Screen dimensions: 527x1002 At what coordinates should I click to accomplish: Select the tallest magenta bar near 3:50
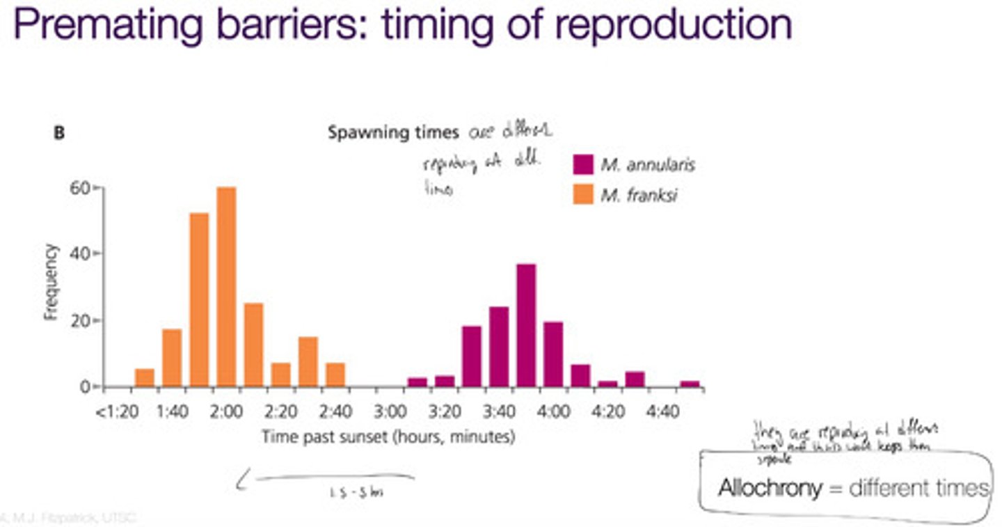pyautogui.click(x=526, y=324)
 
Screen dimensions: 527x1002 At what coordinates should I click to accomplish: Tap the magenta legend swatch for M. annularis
pyautogui.click(x=583, y=164)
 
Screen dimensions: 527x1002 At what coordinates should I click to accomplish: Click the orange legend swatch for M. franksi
pyautogui.click(x=583, y=196)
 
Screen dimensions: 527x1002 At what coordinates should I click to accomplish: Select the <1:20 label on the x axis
pyautogui.click(x=117, y=411)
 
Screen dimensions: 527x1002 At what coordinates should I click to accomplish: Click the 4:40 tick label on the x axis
pyautogui.click(x=662, y=411)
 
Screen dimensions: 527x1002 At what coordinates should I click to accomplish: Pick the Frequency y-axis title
pyautogui.click(x=50, y=281)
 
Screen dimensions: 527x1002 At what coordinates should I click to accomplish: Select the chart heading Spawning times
pyautogui.click(x=393, y=133)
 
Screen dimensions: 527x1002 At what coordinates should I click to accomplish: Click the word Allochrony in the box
pyautogui.click(x=770, y=488)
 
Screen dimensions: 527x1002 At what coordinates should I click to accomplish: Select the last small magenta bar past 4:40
pyautogui.click(x=690, y=384)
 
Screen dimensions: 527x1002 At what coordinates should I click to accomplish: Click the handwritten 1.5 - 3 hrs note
pyautogui.click(x=356, y=492)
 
